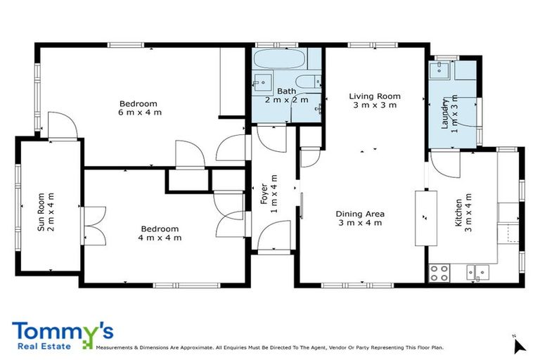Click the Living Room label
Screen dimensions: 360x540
coord(375,96)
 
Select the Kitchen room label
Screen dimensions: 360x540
coord(458,211)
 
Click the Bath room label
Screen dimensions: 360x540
coord(286,91)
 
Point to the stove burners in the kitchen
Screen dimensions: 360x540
coord(439,272)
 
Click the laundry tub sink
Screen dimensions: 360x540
coord(442,70)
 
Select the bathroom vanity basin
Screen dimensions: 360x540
coord(263,82)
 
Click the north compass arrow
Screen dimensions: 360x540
coord(519,345)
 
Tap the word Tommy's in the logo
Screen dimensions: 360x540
coord(62,332)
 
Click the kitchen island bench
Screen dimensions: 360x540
coord(425,217)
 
